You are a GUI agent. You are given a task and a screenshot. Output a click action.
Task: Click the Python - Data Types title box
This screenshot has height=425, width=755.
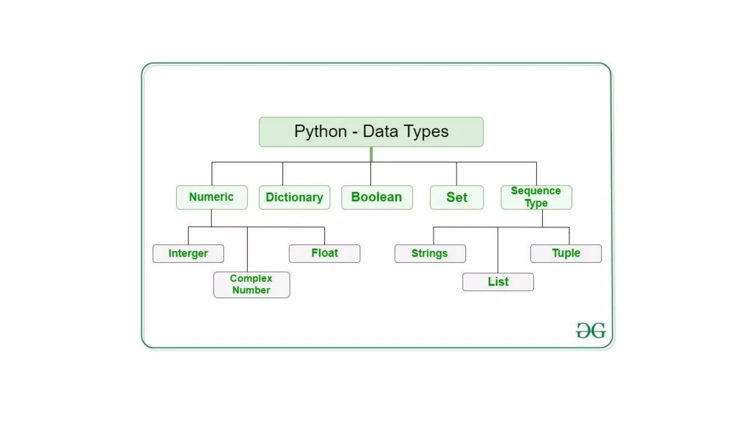pos(371,132)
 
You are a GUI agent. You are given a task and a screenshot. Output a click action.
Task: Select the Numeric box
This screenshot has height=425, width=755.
pos(212,197)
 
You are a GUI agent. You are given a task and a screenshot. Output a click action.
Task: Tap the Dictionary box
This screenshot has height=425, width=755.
pos(294,197)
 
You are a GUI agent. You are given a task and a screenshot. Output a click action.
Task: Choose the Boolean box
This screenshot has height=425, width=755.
pos(377,197)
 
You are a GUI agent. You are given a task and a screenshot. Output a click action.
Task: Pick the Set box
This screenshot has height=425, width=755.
pos(456,197)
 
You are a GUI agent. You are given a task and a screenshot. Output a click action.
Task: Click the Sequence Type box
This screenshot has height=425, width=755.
pos(536,197)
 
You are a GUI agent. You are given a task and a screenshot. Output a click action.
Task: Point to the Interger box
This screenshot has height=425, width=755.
pos(188,253)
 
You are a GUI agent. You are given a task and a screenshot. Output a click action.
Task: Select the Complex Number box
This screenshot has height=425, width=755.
pos(251,284)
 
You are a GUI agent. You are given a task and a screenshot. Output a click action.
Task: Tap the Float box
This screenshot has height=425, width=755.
pos(324,253)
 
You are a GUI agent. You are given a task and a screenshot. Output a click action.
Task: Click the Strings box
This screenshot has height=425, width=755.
pos(430,253)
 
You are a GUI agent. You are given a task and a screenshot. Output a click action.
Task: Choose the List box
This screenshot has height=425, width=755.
pos(498,282)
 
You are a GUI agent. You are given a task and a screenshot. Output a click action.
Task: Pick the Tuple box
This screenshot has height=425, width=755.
pos(566,253)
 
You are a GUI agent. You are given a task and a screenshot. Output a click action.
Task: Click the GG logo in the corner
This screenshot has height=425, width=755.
pos(591,330)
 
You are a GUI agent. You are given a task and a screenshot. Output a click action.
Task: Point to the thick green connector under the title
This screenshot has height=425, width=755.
pos(371,154)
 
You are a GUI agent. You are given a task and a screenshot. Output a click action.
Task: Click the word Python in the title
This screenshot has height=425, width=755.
pos(320,131)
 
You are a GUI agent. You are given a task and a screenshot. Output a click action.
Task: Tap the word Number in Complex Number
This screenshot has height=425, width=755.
pos(251,290)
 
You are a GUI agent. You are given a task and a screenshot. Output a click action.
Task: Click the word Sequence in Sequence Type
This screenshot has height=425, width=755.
pos(536,191)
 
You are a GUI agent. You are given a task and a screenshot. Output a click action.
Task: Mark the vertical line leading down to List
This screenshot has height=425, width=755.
pos(498,251)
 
